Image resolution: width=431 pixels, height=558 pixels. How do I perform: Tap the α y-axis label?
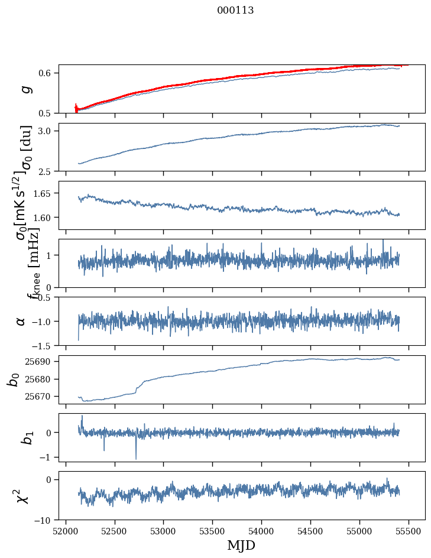[21, 321]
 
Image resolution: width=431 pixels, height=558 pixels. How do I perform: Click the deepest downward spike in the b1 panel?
[136, 459]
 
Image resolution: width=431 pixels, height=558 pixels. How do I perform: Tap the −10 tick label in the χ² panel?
[46, 520]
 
